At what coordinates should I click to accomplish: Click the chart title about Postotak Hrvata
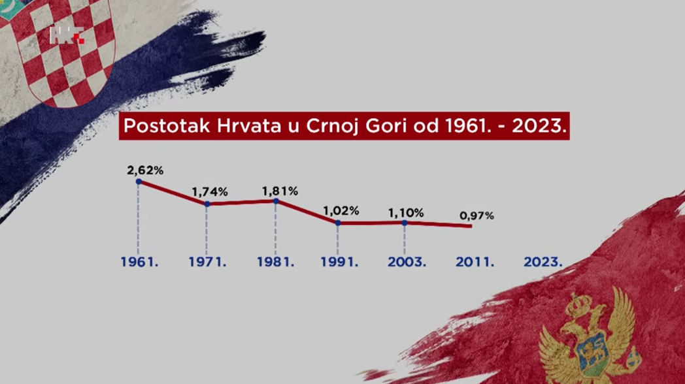344,127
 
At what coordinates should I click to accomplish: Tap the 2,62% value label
145,170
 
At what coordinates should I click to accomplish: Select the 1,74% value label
209,192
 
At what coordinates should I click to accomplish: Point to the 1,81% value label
280,191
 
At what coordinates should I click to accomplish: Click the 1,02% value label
341,211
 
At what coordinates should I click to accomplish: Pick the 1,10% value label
406,213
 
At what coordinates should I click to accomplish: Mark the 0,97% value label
476,216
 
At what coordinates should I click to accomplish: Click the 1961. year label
140,262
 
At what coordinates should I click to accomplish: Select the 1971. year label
207,262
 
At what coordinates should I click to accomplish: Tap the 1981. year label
275,262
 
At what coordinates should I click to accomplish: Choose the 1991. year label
339,262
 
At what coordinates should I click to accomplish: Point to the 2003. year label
407,262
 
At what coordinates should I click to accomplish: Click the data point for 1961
139,182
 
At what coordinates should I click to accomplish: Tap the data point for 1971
207,204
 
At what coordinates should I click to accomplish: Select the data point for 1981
276,201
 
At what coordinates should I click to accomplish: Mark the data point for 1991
338,223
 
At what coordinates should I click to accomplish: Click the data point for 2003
405,223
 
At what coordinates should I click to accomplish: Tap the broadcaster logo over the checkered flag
67,35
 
